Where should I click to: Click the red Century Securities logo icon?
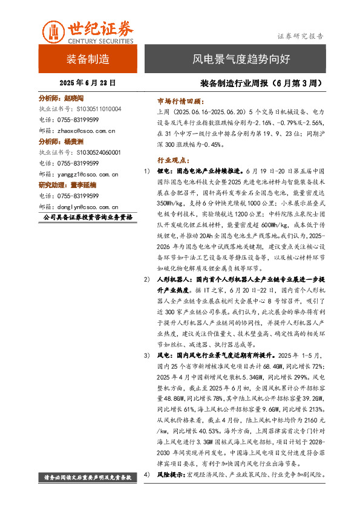(53, 30)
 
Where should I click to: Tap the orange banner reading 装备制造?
(88, 59)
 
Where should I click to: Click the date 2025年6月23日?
(88, 83)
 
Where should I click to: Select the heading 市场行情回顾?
(182, 102)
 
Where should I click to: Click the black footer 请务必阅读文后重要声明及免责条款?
(88, 476)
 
